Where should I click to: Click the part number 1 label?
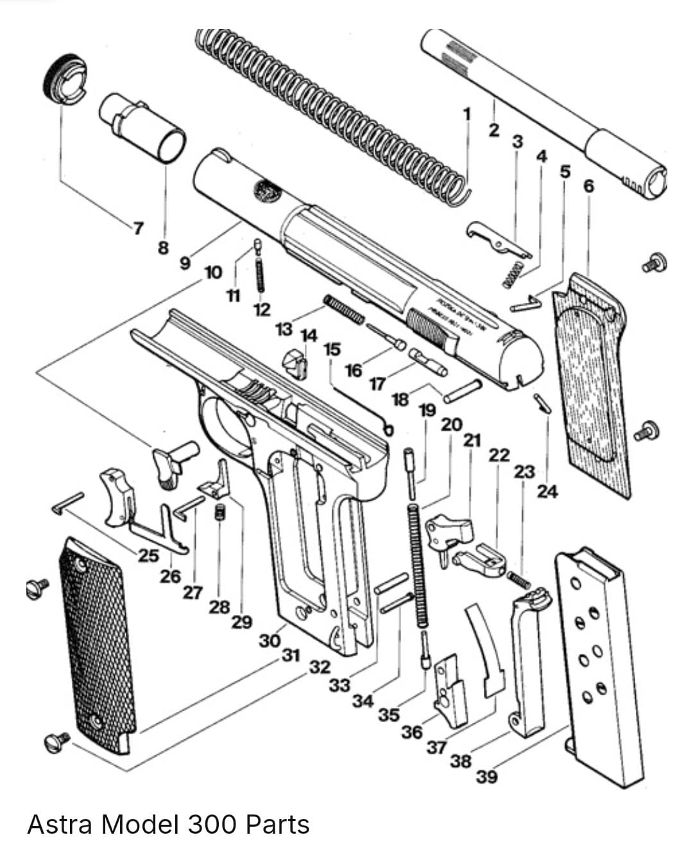coord(467,114)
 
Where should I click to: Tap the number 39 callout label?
coord(486,777)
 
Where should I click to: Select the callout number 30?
coord(270,640)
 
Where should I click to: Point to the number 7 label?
coord(137,227)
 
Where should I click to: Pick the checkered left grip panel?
coord(96,642)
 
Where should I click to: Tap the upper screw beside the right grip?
coord(654,263)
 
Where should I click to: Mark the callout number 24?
coord(547,492)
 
